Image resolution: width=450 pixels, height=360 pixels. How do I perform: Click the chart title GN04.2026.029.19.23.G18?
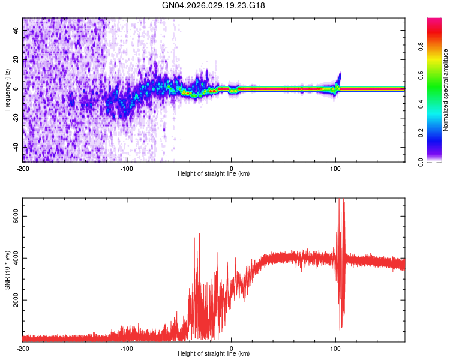(214, 5)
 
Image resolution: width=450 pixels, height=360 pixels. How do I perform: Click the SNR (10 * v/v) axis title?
(8, 269)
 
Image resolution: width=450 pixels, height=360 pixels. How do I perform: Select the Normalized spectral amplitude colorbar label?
(445, 90)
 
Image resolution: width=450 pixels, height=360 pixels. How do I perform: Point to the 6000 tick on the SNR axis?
(13, 215)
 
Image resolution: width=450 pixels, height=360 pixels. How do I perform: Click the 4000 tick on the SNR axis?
(13, 258)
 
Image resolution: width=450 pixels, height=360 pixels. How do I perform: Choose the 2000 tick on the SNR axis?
(13, 300)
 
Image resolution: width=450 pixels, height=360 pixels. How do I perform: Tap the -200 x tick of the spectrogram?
(23, 167)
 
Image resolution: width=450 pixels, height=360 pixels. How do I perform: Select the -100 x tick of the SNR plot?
(127, 348)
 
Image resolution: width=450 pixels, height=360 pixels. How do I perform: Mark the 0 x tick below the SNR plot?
(232, 348)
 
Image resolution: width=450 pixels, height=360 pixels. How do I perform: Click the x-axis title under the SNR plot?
(214, 355)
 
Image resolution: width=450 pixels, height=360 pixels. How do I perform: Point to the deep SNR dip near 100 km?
(341, 327)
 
